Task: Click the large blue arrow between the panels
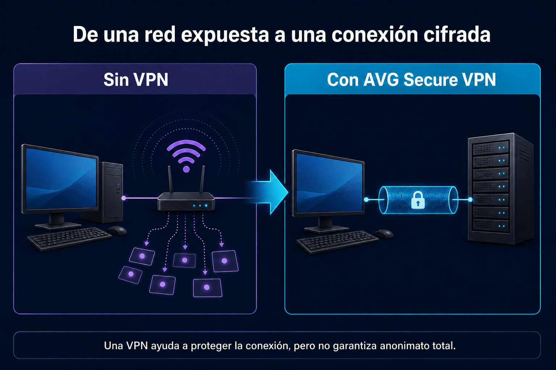pos(268,192)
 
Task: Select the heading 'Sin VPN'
pos(136,79)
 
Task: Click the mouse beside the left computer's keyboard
pos(117,231)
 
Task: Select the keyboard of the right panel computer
pos(338,242)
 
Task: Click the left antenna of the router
pos(170,179)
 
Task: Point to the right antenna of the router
pos(202,179)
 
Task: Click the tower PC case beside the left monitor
pos(110,192)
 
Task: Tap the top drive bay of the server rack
pos(490,148)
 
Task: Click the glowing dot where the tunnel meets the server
pos(470,199)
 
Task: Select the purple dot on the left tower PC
pos(123,198)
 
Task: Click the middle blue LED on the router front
pos(200,206)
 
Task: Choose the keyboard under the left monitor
pos(69,238)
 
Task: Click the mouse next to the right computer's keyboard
pos(384,233)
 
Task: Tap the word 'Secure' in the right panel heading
pos(431,79)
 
